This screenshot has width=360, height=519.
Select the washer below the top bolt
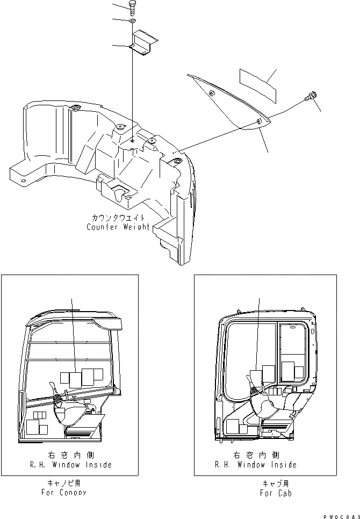tap(132, 21)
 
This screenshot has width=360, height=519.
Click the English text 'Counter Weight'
tap(118, 227)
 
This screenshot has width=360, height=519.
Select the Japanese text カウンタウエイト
tap(118, 218)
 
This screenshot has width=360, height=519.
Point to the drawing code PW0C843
tap(341, 515)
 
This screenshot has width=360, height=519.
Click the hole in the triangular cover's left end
tap(211, 95)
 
